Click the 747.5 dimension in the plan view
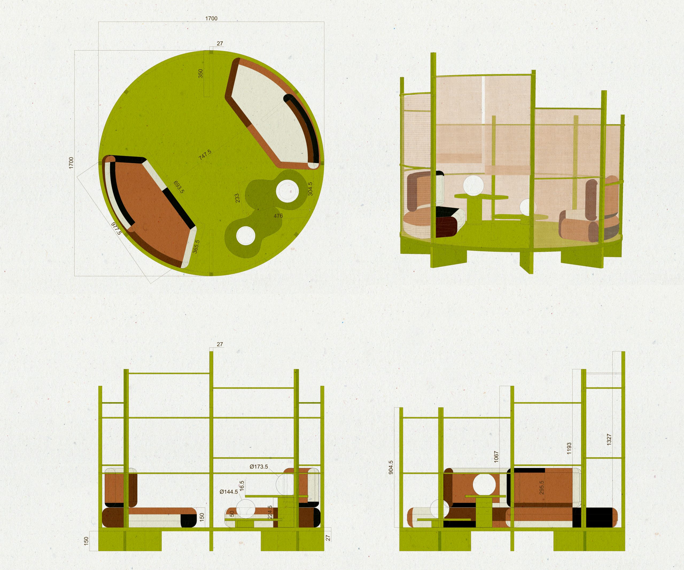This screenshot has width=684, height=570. click(x=205, y=155)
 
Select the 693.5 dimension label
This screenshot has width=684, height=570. click(x=179, y=187)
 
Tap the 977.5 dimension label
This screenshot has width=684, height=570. click(x=116, y=228)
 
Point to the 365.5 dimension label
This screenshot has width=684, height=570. click(x=196, y=247)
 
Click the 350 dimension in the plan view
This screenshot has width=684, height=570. click(x=201, y=73)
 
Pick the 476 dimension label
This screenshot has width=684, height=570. click(x=278, y=216)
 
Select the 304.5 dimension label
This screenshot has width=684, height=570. click(x=310, y=189)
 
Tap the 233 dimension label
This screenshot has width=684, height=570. click(x=237, y=198)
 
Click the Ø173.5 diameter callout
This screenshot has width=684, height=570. click(x=259, y=467)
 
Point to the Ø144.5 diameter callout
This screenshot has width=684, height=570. click(x=229, y=492)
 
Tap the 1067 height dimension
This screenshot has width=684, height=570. click(x=496, y=457)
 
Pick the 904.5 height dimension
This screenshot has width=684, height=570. click(x=391, y=467)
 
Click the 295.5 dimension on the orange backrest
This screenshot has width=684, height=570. click(x=542, y=488)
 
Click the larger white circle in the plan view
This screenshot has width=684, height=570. click(x=287, y=191)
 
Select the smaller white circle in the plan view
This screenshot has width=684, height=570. click(x=245, y=235)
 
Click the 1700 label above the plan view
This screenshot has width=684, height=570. click(x=211, y=18)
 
